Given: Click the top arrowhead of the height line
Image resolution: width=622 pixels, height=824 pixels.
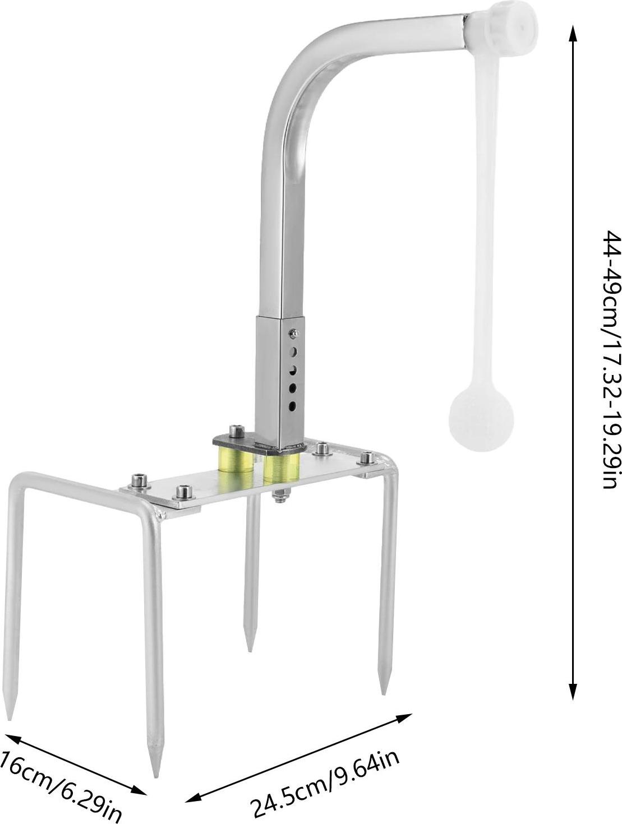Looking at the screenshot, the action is [573, 34].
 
